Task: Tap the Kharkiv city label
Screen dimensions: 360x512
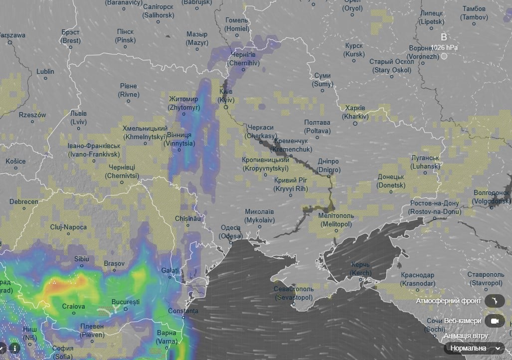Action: point(355,112)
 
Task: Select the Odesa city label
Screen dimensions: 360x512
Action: point(231,232)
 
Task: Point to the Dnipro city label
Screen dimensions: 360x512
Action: point(329,166)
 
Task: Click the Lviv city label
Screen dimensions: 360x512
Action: point(78,117)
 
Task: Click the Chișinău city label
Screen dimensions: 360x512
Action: point(188,219)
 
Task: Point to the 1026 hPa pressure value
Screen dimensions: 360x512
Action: point(444,47)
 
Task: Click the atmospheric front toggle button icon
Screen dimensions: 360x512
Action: point(494,301)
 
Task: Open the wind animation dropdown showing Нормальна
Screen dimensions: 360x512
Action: point(474,348)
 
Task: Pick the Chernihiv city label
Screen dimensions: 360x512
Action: point(243,59)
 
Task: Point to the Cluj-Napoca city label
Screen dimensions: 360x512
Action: point(68,227)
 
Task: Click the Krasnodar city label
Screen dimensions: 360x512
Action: point(417,279)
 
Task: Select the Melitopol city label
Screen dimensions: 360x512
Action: point(337,220)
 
